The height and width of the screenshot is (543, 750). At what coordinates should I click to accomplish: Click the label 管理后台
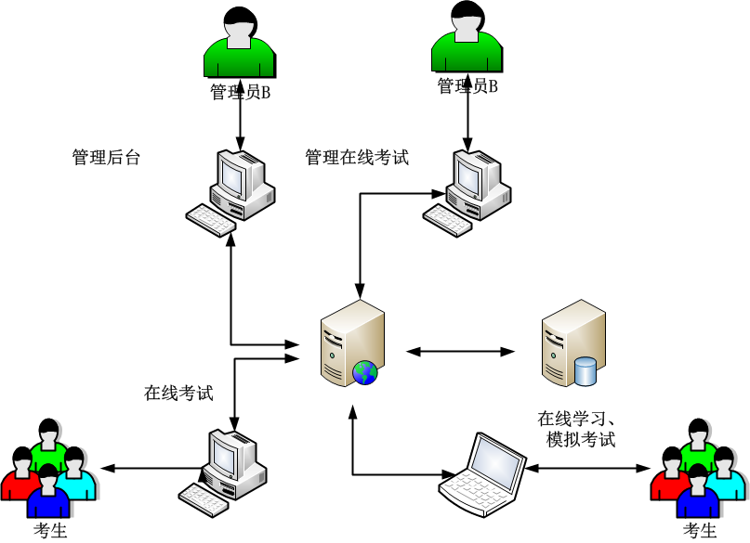point(106,158)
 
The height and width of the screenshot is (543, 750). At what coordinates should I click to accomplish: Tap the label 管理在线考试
point(357,158)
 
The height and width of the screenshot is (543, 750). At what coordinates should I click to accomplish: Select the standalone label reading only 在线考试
point(178,393)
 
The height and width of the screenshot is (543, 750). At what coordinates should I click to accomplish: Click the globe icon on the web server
point(365,372)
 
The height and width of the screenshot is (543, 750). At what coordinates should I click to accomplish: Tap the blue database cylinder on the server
point(586,371)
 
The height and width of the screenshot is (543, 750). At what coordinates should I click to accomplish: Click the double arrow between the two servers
point(460,352)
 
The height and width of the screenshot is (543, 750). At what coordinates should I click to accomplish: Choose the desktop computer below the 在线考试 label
point(226,469)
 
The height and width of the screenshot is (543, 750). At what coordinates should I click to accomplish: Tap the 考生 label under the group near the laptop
point(700,531)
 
